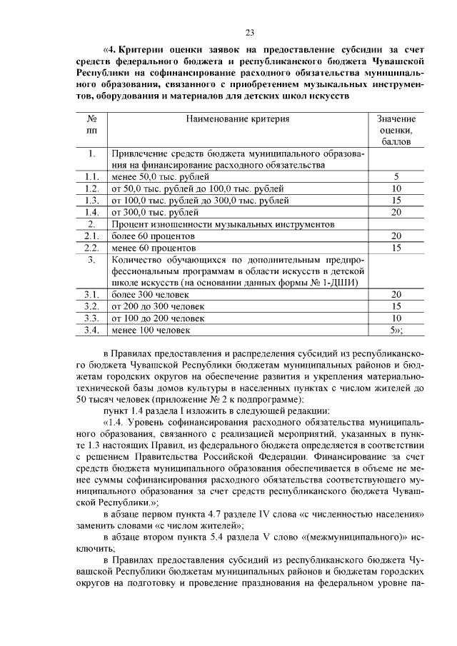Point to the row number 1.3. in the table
91,201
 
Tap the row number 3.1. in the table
91,294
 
